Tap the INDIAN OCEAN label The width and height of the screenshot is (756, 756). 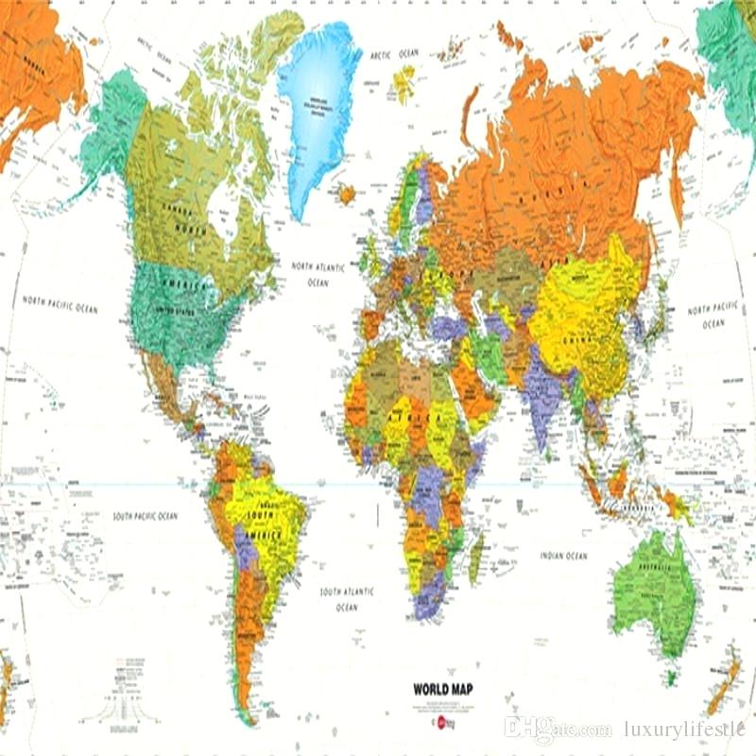click(x=564, y=556)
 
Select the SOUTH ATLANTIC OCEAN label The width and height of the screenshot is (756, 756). click(x=347, y=598)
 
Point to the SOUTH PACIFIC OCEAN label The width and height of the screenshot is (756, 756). click(x=145, y=516)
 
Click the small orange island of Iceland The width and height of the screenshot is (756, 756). click(x=347, y=194)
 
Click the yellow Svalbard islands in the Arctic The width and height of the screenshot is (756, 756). click(x=404, y=83)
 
